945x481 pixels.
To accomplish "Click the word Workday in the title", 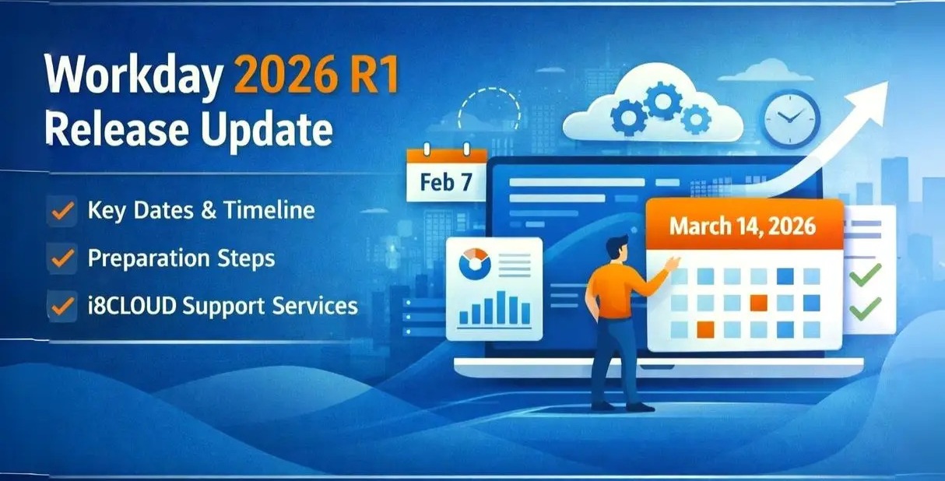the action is tap(133, 74).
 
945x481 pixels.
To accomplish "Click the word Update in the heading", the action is tap(266, 128).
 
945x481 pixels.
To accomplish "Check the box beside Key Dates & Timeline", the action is tap(61, 211).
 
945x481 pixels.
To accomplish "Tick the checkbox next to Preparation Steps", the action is tap(61, 258).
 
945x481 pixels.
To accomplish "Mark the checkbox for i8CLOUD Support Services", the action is tap(61, 306).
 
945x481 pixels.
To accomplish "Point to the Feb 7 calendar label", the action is tap(446, 182).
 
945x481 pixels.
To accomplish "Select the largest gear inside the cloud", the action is tap(662, 100).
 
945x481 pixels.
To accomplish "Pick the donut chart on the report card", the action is tap(475, 264).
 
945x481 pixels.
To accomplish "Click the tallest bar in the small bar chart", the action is tap(501, 307).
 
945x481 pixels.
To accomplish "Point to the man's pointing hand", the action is tap(672, 263).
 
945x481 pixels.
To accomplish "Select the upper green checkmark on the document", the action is tap(866, 275).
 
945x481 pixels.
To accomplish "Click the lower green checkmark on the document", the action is tap(866, 309).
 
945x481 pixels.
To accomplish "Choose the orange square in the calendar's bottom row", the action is tap(705, 329).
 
